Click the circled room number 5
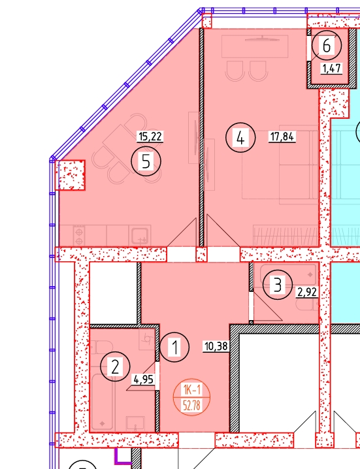(x=146, y=161)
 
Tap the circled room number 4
(x=240, y=138)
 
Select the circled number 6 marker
(x=327, y=46)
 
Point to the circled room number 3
(x=278, y=285)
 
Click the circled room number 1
(x=174, y=348)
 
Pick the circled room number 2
(x=115, y=366)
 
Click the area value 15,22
(x=150, y=137)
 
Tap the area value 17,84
(x=282, y=137)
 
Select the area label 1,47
(x=331, y=69)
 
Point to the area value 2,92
(x=307, y=292)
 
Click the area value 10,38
(x=216, y=347)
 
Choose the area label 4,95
(x=144, y=380)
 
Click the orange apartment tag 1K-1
(x=192, y=390)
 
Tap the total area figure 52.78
(x=192, y=406)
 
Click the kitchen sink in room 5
(x=140, y=236)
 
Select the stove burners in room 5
(x=79, y=236)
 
